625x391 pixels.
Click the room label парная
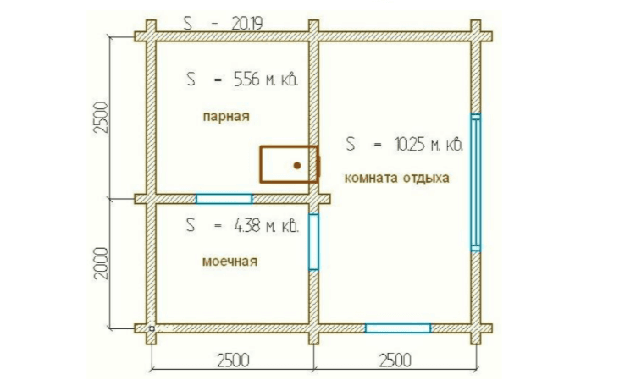226,117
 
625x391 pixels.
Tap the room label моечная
230,262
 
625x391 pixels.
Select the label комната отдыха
396,178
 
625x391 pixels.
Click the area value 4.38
246,226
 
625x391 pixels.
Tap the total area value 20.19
246,24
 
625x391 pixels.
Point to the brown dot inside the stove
297,165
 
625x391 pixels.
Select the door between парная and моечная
224,199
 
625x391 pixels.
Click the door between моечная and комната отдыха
313,242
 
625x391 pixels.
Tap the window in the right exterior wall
476,182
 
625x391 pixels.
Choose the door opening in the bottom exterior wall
398,328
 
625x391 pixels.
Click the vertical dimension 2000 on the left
102,263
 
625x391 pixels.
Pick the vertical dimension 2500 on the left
102,118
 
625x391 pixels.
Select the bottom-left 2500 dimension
233,361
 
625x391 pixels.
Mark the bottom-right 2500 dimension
395,361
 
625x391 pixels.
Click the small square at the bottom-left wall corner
152,328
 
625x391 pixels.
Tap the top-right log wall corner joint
476,36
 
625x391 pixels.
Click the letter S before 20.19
188,24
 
